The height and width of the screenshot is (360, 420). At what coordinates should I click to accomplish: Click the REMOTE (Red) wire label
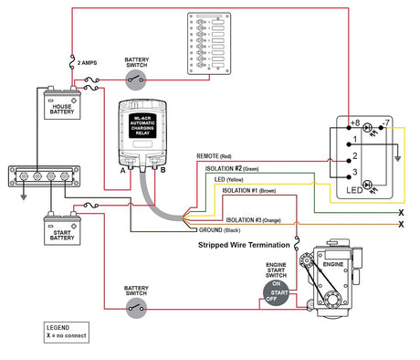click(218, 156)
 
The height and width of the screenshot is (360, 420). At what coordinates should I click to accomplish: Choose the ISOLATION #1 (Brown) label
click(249, 191)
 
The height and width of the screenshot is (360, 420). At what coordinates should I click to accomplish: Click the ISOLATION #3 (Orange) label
click(253, 220)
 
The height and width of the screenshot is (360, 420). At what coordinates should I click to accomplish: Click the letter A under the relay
click(121, 169)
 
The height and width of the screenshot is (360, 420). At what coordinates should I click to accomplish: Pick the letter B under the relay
click(163, 169)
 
